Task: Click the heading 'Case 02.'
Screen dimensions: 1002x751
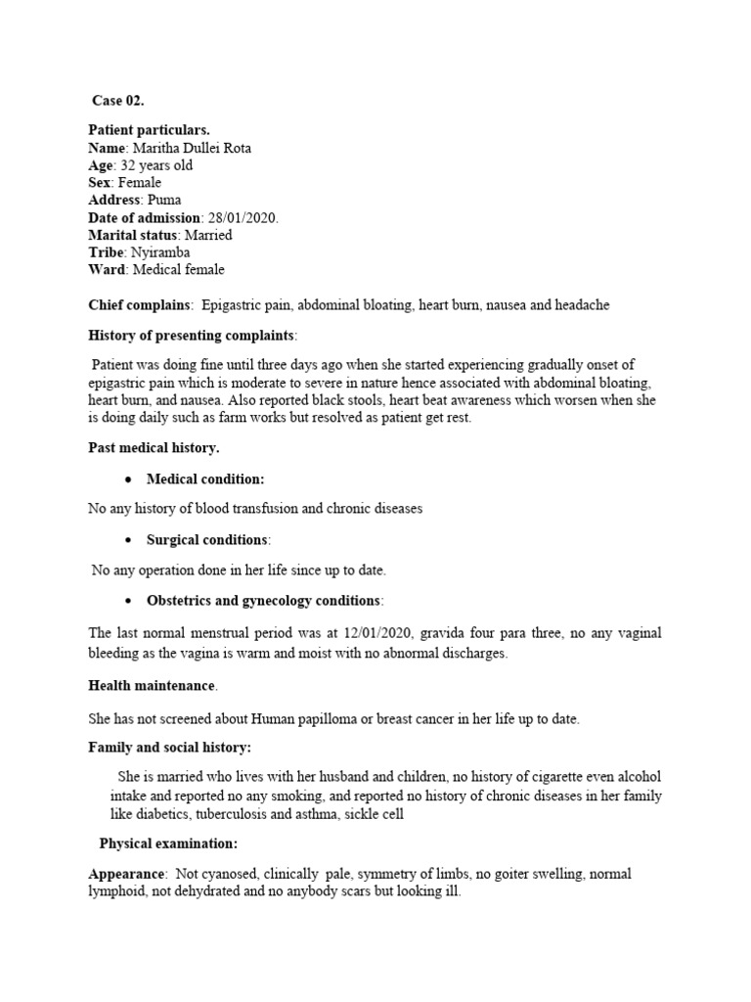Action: (x=118, y=100)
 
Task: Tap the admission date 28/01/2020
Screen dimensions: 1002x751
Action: (x=243, y=217)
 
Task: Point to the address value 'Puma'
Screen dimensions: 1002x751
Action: (x=164, y=200)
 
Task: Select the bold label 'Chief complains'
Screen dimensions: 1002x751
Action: (x=138, y=305)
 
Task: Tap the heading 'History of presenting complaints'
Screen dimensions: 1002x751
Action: (x=191, y=336)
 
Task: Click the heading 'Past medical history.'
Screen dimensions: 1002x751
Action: (x=154, y=447)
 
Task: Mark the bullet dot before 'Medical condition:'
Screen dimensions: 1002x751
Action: (x=128, y=479)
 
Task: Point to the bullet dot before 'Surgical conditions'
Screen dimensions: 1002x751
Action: (x=128, y=540)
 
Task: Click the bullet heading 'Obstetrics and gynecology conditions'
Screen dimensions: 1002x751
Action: (x=263, y=600)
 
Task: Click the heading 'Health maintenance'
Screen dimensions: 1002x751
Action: (x=153, y=685)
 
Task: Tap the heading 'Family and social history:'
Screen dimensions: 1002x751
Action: (x=169, y=748)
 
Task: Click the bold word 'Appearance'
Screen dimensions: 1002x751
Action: (x=124, y=874)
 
